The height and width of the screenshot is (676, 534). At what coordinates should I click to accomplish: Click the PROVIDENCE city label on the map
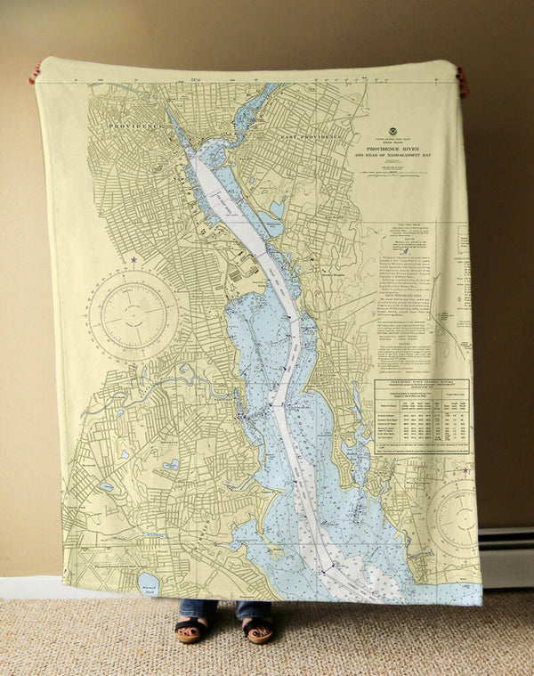136,126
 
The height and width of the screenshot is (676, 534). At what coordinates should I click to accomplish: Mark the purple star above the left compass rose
134,260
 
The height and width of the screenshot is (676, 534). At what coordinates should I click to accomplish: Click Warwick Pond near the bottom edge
149,583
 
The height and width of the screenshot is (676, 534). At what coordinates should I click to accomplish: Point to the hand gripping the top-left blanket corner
34,73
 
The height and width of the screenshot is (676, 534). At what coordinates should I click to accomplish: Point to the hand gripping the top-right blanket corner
462,80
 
